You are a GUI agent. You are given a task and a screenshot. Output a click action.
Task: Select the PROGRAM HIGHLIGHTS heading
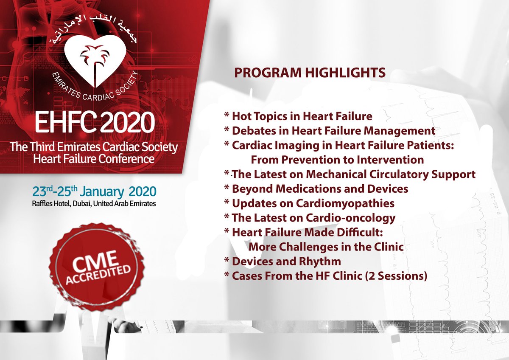310,73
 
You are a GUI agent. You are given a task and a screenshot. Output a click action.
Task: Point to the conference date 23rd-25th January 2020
94,190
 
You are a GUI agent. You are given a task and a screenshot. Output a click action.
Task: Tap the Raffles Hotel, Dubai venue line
94,203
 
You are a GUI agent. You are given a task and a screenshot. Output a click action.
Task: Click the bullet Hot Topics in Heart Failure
298,116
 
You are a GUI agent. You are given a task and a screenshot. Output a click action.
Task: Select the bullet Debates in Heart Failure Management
330,131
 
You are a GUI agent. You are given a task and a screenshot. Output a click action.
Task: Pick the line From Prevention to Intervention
337,160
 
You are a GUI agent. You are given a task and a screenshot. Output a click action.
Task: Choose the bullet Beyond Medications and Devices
316,188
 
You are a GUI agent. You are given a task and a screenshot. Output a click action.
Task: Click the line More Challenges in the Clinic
325,247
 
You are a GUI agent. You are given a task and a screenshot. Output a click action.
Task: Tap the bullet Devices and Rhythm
282,261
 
